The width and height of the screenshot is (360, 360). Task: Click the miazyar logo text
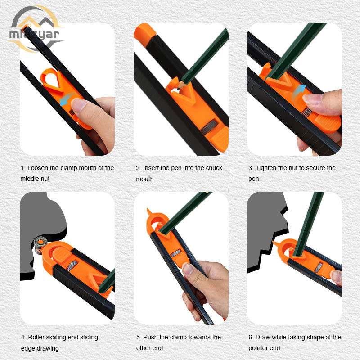point(34,35)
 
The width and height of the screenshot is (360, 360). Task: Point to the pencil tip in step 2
point(178,89)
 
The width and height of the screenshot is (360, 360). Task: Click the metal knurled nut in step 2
point(209,127)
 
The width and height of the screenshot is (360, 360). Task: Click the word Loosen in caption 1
point(38,168)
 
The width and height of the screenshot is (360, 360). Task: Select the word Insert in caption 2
point(151,168)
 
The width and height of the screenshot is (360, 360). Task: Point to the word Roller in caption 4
point(36,337)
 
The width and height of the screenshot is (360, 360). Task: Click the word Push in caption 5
point(150,337)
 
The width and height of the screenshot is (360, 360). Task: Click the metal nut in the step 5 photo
point(176,253)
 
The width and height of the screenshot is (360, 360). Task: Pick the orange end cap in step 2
point(144,34)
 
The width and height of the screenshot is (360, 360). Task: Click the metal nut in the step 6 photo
point(319,267)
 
